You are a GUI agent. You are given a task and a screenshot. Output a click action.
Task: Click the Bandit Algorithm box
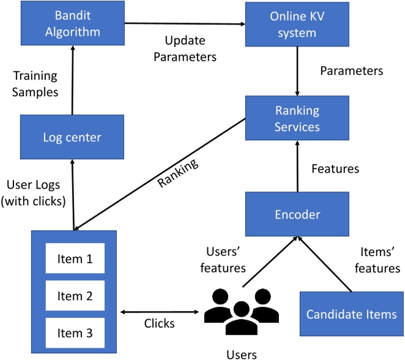[72, 24]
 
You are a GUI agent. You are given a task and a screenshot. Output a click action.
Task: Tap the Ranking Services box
[297, 118]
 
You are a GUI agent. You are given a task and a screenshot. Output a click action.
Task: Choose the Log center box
[72, 137]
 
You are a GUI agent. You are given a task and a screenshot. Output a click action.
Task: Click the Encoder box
[297, 214]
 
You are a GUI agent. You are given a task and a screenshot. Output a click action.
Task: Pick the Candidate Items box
[351, 315]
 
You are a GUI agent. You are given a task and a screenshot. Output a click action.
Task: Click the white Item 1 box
[74, 259]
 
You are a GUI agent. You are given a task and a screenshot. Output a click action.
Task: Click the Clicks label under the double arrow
[160, 323]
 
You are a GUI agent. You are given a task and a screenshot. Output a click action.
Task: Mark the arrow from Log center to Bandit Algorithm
[72, 81]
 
